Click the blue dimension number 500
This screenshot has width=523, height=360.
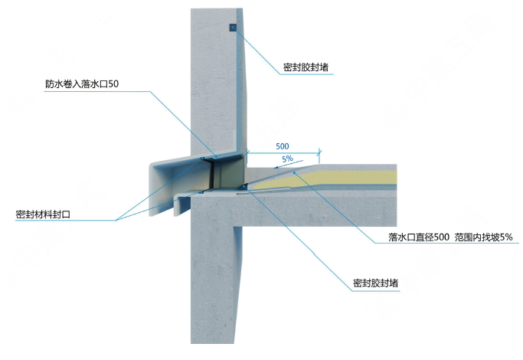(x=283, y=146)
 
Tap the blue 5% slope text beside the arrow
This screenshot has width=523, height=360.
(x=287, y=159)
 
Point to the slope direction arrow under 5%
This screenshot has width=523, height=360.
(x=288, y=164)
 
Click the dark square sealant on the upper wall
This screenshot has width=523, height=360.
(x=233, y=28)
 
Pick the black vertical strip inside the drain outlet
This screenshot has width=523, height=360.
(x=211, y=175)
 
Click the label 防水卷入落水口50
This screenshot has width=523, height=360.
(x=82, y=84)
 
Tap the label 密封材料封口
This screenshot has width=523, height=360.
(x=43, y=214)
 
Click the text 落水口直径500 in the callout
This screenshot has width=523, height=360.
(x=419, y=237)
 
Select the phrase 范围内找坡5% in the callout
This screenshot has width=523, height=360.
(x=483, y=237)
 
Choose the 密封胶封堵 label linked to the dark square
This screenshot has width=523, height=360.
(x=306, y=67)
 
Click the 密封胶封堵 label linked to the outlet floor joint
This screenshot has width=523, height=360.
(x=375, y=283)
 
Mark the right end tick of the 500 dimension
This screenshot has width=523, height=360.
(x=319, y=153)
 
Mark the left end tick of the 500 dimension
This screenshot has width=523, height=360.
(x=247, y=153)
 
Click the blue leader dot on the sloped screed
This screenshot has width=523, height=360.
(x=294, y=173)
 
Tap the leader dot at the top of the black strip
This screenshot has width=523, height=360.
(x=202, y=158)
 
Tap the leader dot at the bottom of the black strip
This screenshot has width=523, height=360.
(x=201, y=192)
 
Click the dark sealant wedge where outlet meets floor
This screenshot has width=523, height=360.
(x=245, y=186)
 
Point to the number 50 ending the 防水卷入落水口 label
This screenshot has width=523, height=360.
(x=113, y=84)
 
